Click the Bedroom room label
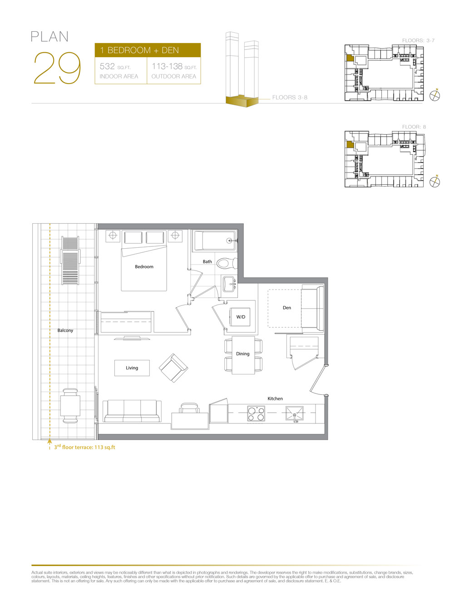[x=144, y=267]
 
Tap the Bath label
[x=207, y=262]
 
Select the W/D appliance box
[x=241, y=317]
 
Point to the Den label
[x=287, y=308]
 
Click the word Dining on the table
[x=242, y=354]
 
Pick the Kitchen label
[x=275, y=399]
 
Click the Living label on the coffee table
[x=132, y=368]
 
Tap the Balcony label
[x=65, y=330]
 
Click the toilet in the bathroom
[x=226, y=263]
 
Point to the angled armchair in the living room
[x=173, y=368]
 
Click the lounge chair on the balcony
[x=70, y=261]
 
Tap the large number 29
[x=57, y=69]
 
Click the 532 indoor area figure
[x=108, y=67]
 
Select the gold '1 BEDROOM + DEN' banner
[x=148, y=50]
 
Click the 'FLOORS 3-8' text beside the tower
[x=290, y=98]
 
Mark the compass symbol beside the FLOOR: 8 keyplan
[x=435, y=182]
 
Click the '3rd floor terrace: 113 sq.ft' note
[x=84, y=447]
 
